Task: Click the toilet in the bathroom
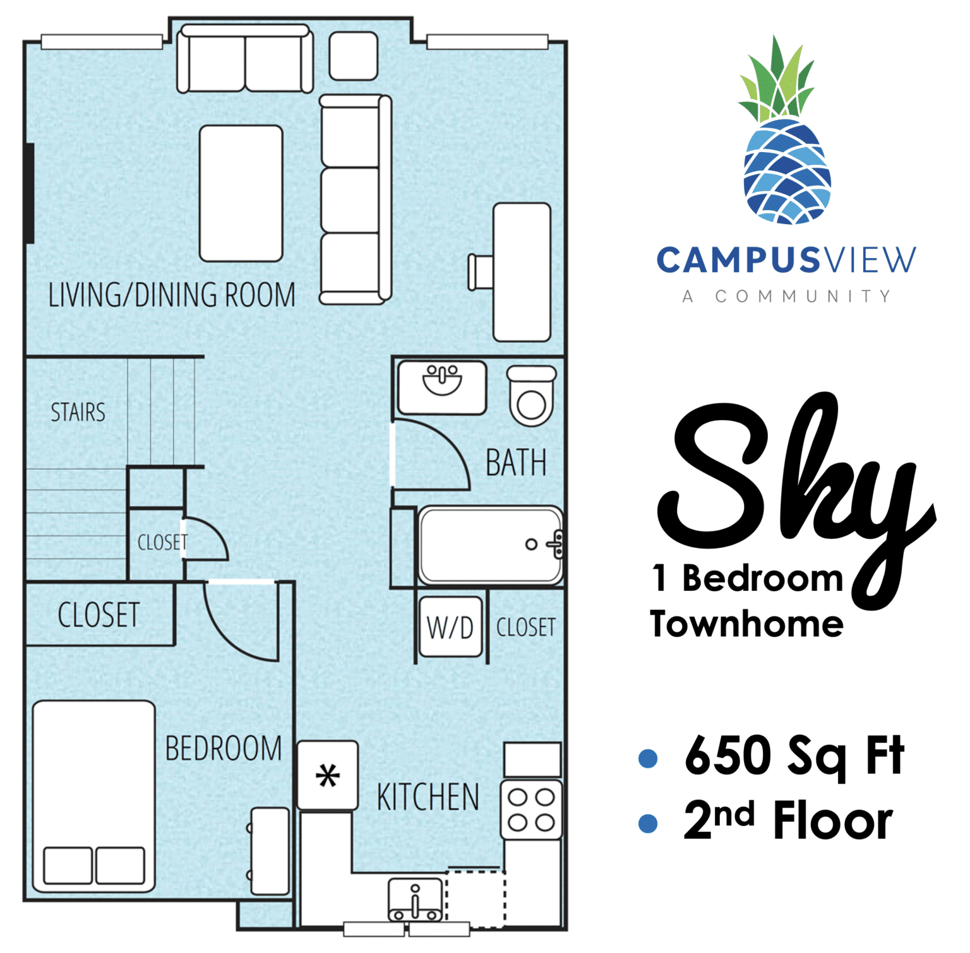pos(532,396)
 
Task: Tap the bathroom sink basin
pos(442,380)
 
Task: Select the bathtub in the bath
pos(490,545)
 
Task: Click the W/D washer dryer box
pos(451,627)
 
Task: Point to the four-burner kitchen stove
pos(532,810)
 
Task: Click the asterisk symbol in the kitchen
pos(328,776)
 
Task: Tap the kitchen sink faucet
pos(415,902)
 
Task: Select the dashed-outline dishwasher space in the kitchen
pos(476,899)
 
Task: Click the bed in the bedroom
pos(93,796)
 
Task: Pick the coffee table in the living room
pos(241,193)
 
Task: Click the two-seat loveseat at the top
pos(245,59)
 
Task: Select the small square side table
pos(354,56)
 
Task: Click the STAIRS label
pos(78,412)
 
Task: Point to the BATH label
pos(516,463)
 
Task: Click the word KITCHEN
pos(428,796)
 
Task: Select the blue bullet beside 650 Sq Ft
pos(648,757)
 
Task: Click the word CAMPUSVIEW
pos(786,260)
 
